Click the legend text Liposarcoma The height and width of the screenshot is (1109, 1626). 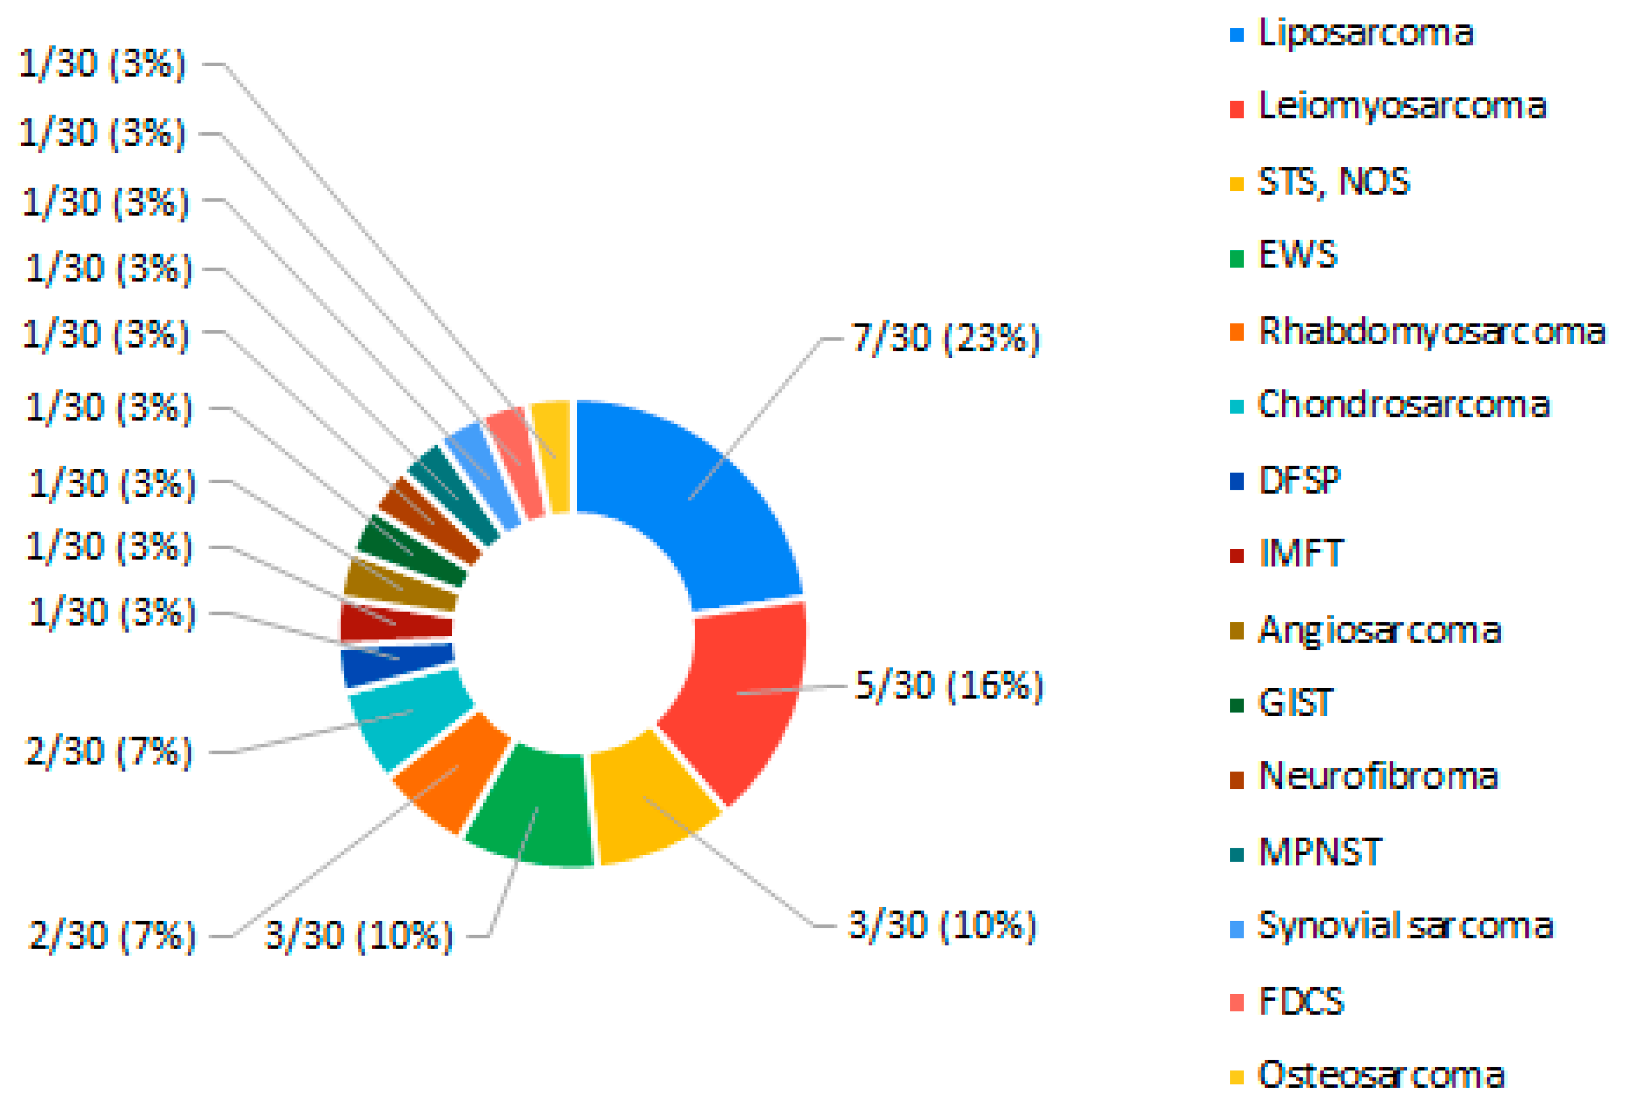1365,33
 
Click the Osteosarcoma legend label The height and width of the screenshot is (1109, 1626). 1380,1075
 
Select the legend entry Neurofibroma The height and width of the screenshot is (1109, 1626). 1378,776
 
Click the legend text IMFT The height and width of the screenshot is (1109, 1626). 1300,554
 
